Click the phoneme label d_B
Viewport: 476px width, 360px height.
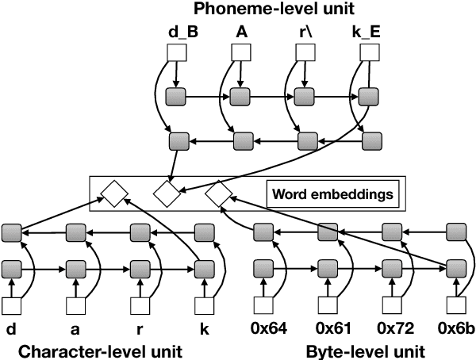pos(175,33)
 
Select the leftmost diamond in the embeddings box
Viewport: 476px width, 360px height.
pos(113,193)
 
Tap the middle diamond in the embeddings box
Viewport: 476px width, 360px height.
pos(167,193)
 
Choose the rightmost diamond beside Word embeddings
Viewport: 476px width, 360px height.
pos(218,193)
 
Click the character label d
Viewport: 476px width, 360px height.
pos(11,327)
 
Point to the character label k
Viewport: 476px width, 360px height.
pos(202,327)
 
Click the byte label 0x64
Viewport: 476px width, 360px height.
pos(266,327)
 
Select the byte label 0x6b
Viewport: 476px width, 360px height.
pos(455,327)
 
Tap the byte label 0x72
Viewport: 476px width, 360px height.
pos(391,327)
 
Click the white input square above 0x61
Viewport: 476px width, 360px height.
pos(328,304)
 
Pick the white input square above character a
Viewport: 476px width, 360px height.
pos(75,304)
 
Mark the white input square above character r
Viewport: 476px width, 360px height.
pos(139,304)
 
